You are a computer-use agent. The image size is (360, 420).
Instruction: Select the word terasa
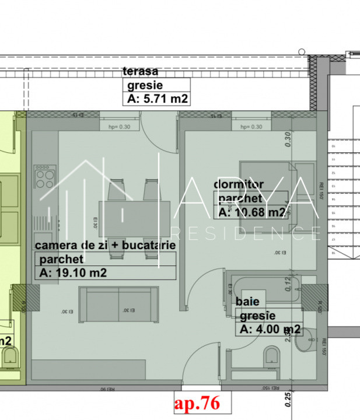[x=141, y=72]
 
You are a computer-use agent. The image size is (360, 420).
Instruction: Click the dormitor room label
[x=239, y=184]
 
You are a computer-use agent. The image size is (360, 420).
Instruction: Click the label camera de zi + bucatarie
[x=105, y=246]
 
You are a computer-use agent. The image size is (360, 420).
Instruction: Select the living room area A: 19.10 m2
[x=73, y=272]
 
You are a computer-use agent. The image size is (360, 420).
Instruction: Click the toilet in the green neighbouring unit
[x=10, y=356]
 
